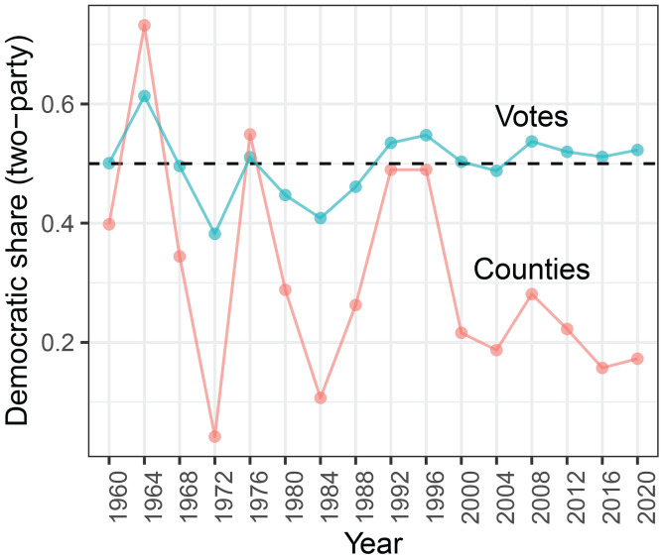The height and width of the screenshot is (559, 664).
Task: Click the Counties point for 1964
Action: (144, 25)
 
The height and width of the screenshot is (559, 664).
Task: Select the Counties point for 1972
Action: (214, 436)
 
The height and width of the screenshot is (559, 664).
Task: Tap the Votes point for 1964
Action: (144, 96)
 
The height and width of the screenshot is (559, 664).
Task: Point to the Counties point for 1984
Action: (321, 397)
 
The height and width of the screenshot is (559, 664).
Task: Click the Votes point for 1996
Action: (426, 135)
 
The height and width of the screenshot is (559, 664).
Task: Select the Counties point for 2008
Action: (532, 293)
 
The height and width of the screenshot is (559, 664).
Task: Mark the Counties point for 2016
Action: (602, 368)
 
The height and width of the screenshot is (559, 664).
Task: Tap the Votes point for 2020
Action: (637, 150)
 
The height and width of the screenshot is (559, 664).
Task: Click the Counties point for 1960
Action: (109, 224)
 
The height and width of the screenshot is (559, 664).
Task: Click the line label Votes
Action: (531, 118)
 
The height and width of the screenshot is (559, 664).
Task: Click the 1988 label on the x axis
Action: (356, 488)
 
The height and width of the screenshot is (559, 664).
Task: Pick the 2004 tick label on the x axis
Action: (497, 488)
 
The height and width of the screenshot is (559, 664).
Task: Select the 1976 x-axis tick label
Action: (250, 488)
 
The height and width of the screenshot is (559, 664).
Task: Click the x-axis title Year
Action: (372, 542)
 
